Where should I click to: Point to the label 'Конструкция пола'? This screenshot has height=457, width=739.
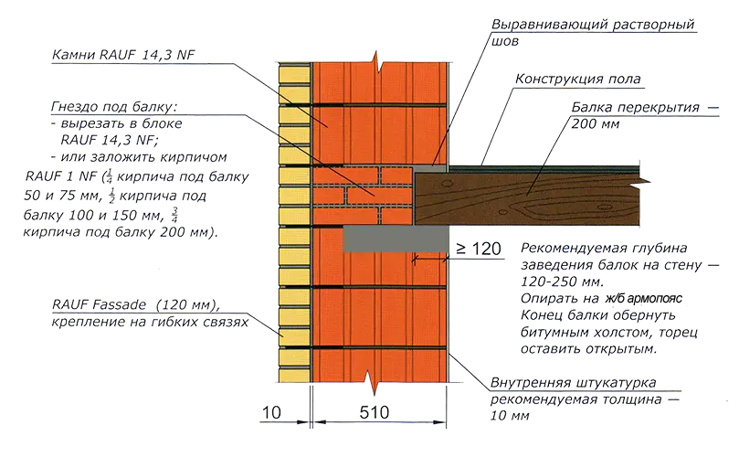click(x=579, y=79)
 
